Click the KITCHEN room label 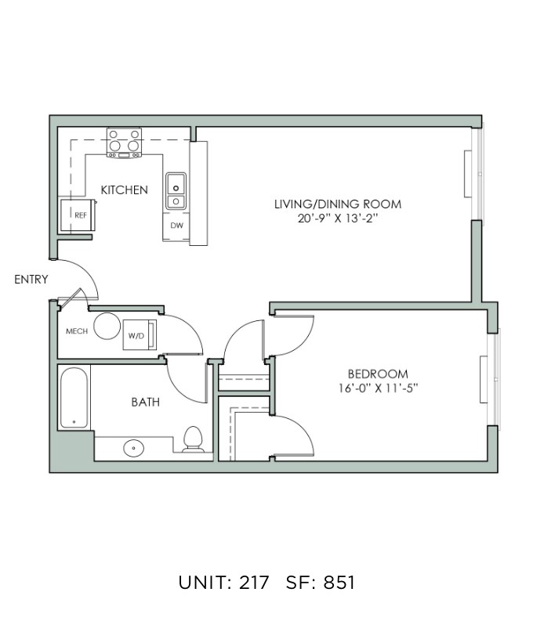124,190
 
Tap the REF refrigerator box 78,215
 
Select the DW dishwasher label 176,226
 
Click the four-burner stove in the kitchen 124,143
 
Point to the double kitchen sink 176,191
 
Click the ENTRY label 31,280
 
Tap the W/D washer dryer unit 140,334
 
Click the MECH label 77,331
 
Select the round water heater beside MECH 107,326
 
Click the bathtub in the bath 74,398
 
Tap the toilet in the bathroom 193,439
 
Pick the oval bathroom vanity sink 133,449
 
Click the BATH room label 146,403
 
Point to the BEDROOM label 378,374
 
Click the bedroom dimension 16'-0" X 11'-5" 378,388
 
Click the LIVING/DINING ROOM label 338,204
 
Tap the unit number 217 254,583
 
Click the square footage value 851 339,583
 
